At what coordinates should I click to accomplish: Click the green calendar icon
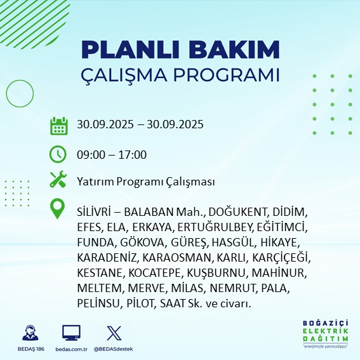[59, 125]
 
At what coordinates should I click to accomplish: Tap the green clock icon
[59, 154]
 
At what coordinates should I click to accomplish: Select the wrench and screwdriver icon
[59, 180]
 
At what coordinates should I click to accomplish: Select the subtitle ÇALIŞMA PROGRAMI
[180, 74]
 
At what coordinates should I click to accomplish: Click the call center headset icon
[29, 333]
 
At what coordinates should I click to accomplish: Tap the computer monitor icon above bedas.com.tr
[71, 333]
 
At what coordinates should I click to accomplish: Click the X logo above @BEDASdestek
[112, 333]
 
